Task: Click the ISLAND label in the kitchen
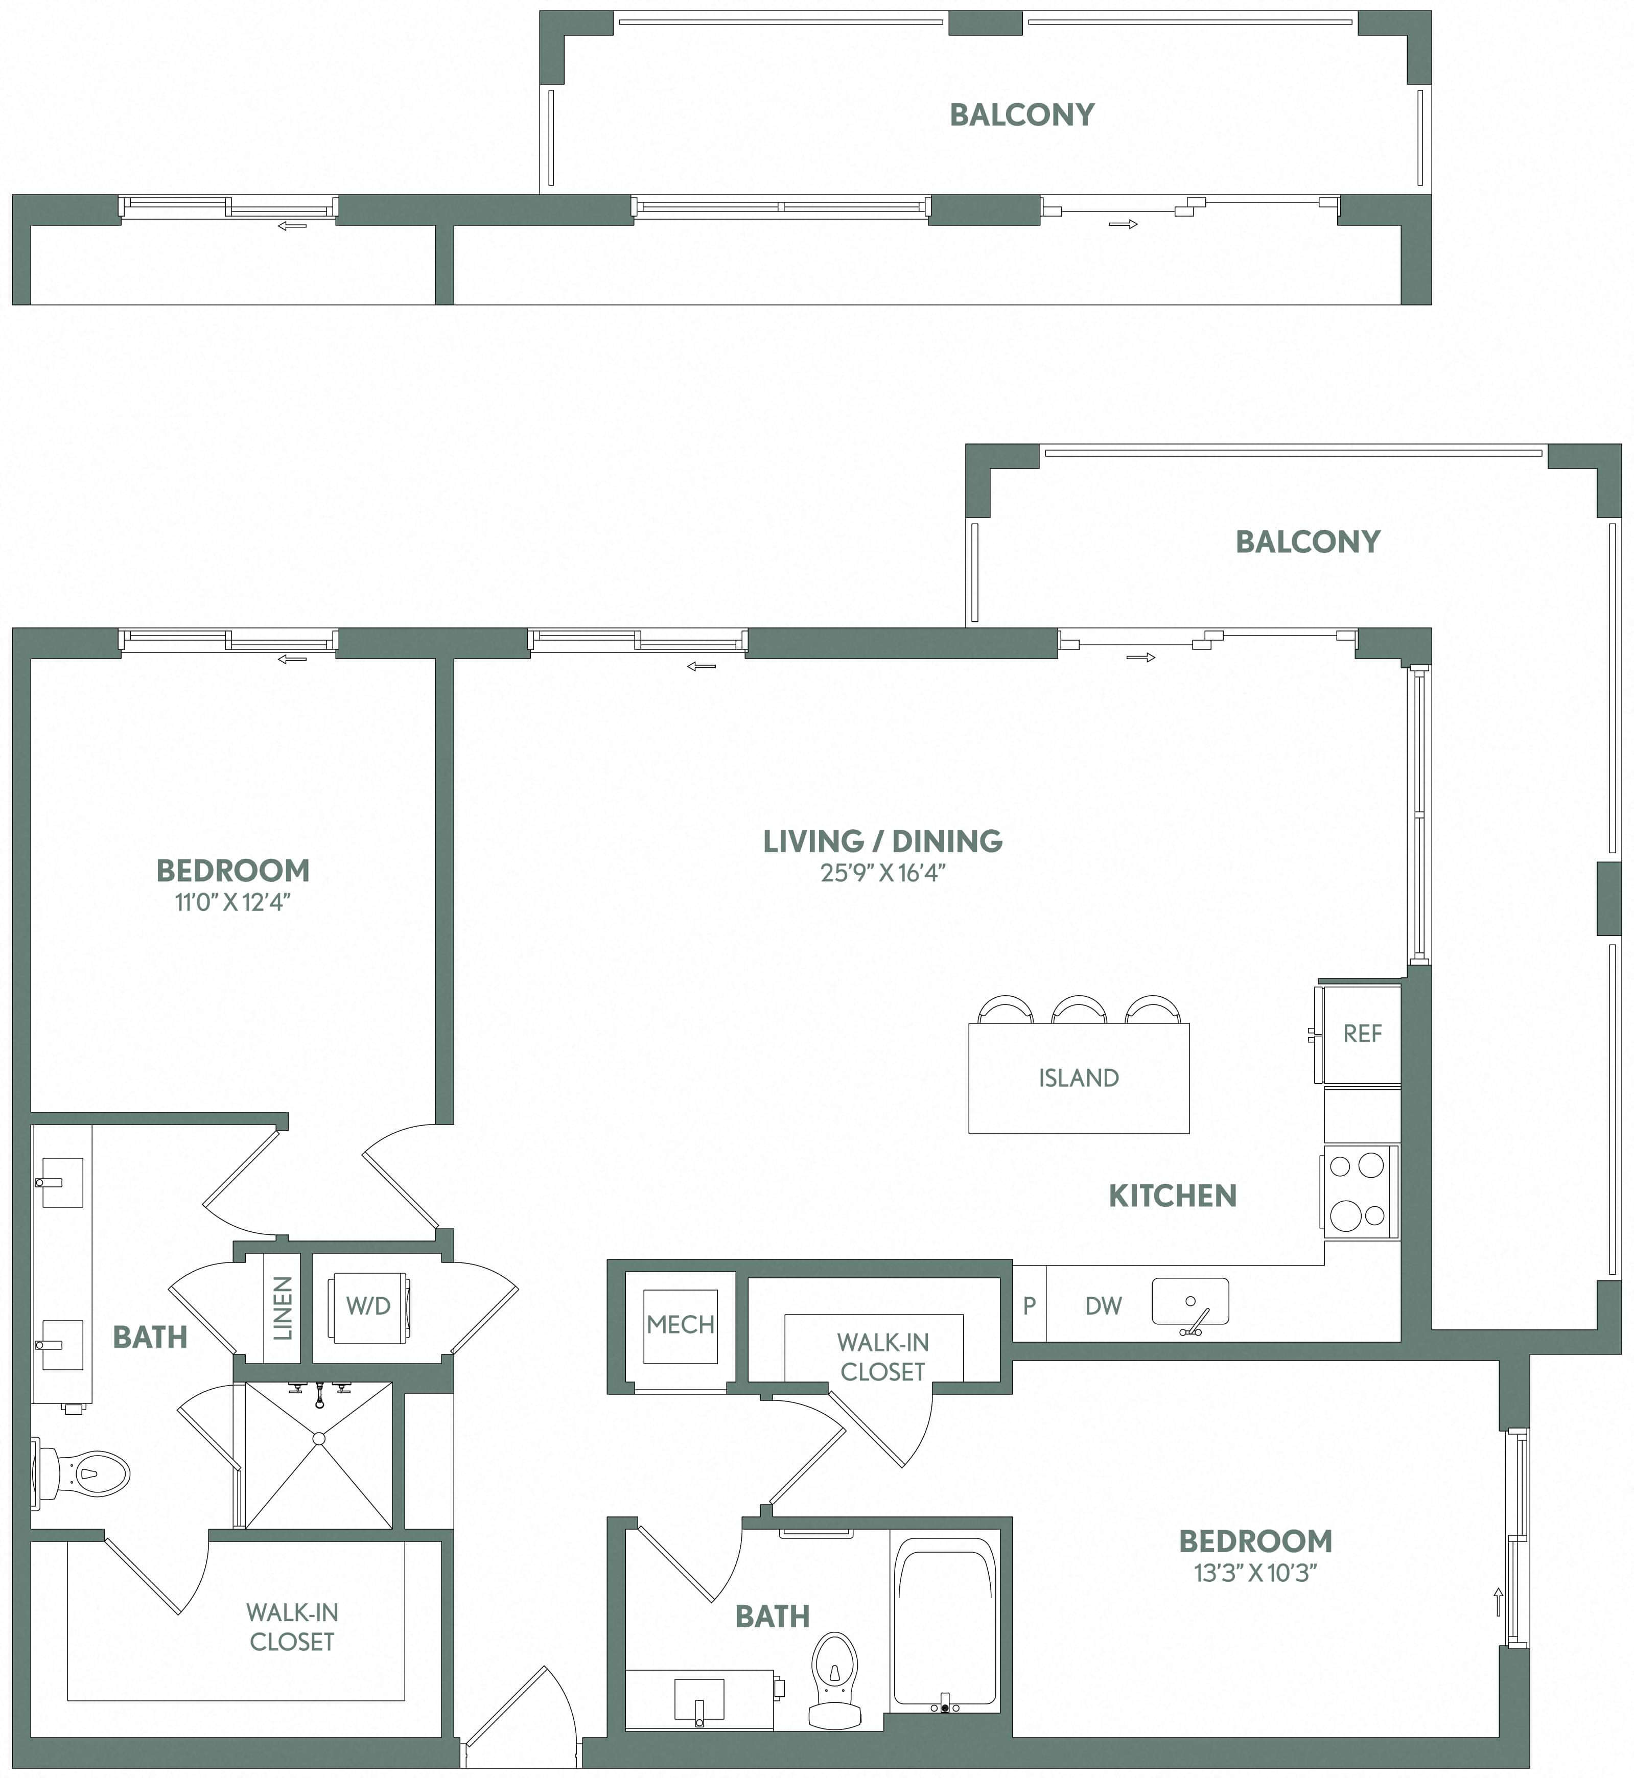pyautogui.click(x=1078, y=1078)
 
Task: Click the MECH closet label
pyautogui.click(x=680, y=1324)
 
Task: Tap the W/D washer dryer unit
pyautogui.click(x=368, y=1306)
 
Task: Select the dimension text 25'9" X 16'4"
pyautogui.click(x=882, y=873)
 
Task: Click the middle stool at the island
pyautogui.click(x=1079, y=1010)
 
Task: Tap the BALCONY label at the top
pyautogui.click(x=1021, y=115)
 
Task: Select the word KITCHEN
pyautogui.click(x=1173, y=1196)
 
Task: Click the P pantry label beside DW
pyautogui.click(x=1029, y=1306)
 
